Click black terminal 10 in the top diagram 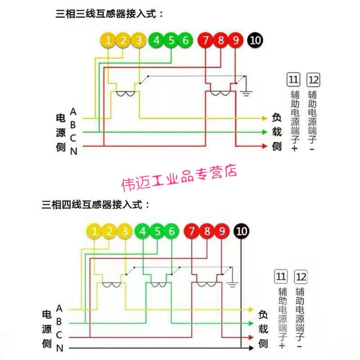(x=255, y=40)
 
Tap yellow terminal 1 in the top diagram (x=108, y=40)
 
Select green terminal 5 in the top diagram (x=171, y=40)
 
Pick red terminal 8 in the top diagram (x=220, y=40)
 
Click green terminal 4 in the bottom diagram (x=143, y=231)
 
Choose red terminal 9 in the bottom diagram (x=222, y=231)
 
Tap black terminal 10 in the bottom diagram (x=241, y=231)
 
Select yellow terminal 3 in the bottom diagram (x=125, y=231)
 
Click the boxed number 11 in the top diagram (x=293, y=80)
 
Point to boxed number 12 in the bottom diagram (x=301, y=277)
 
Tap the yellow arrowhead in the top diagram (x=265, y=118)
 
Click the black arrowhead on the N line (x=251, y=348)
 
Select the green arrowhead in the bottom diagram (x=251, y=324)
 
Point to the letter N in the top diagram (x=73, y=152)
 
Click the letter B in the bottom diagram (x=59, y=322)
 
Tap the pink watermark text (x=179, y=178)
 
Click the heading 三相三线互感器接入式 (x=106, y=14)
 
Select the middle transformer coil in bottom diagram (x=158, y=285)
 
